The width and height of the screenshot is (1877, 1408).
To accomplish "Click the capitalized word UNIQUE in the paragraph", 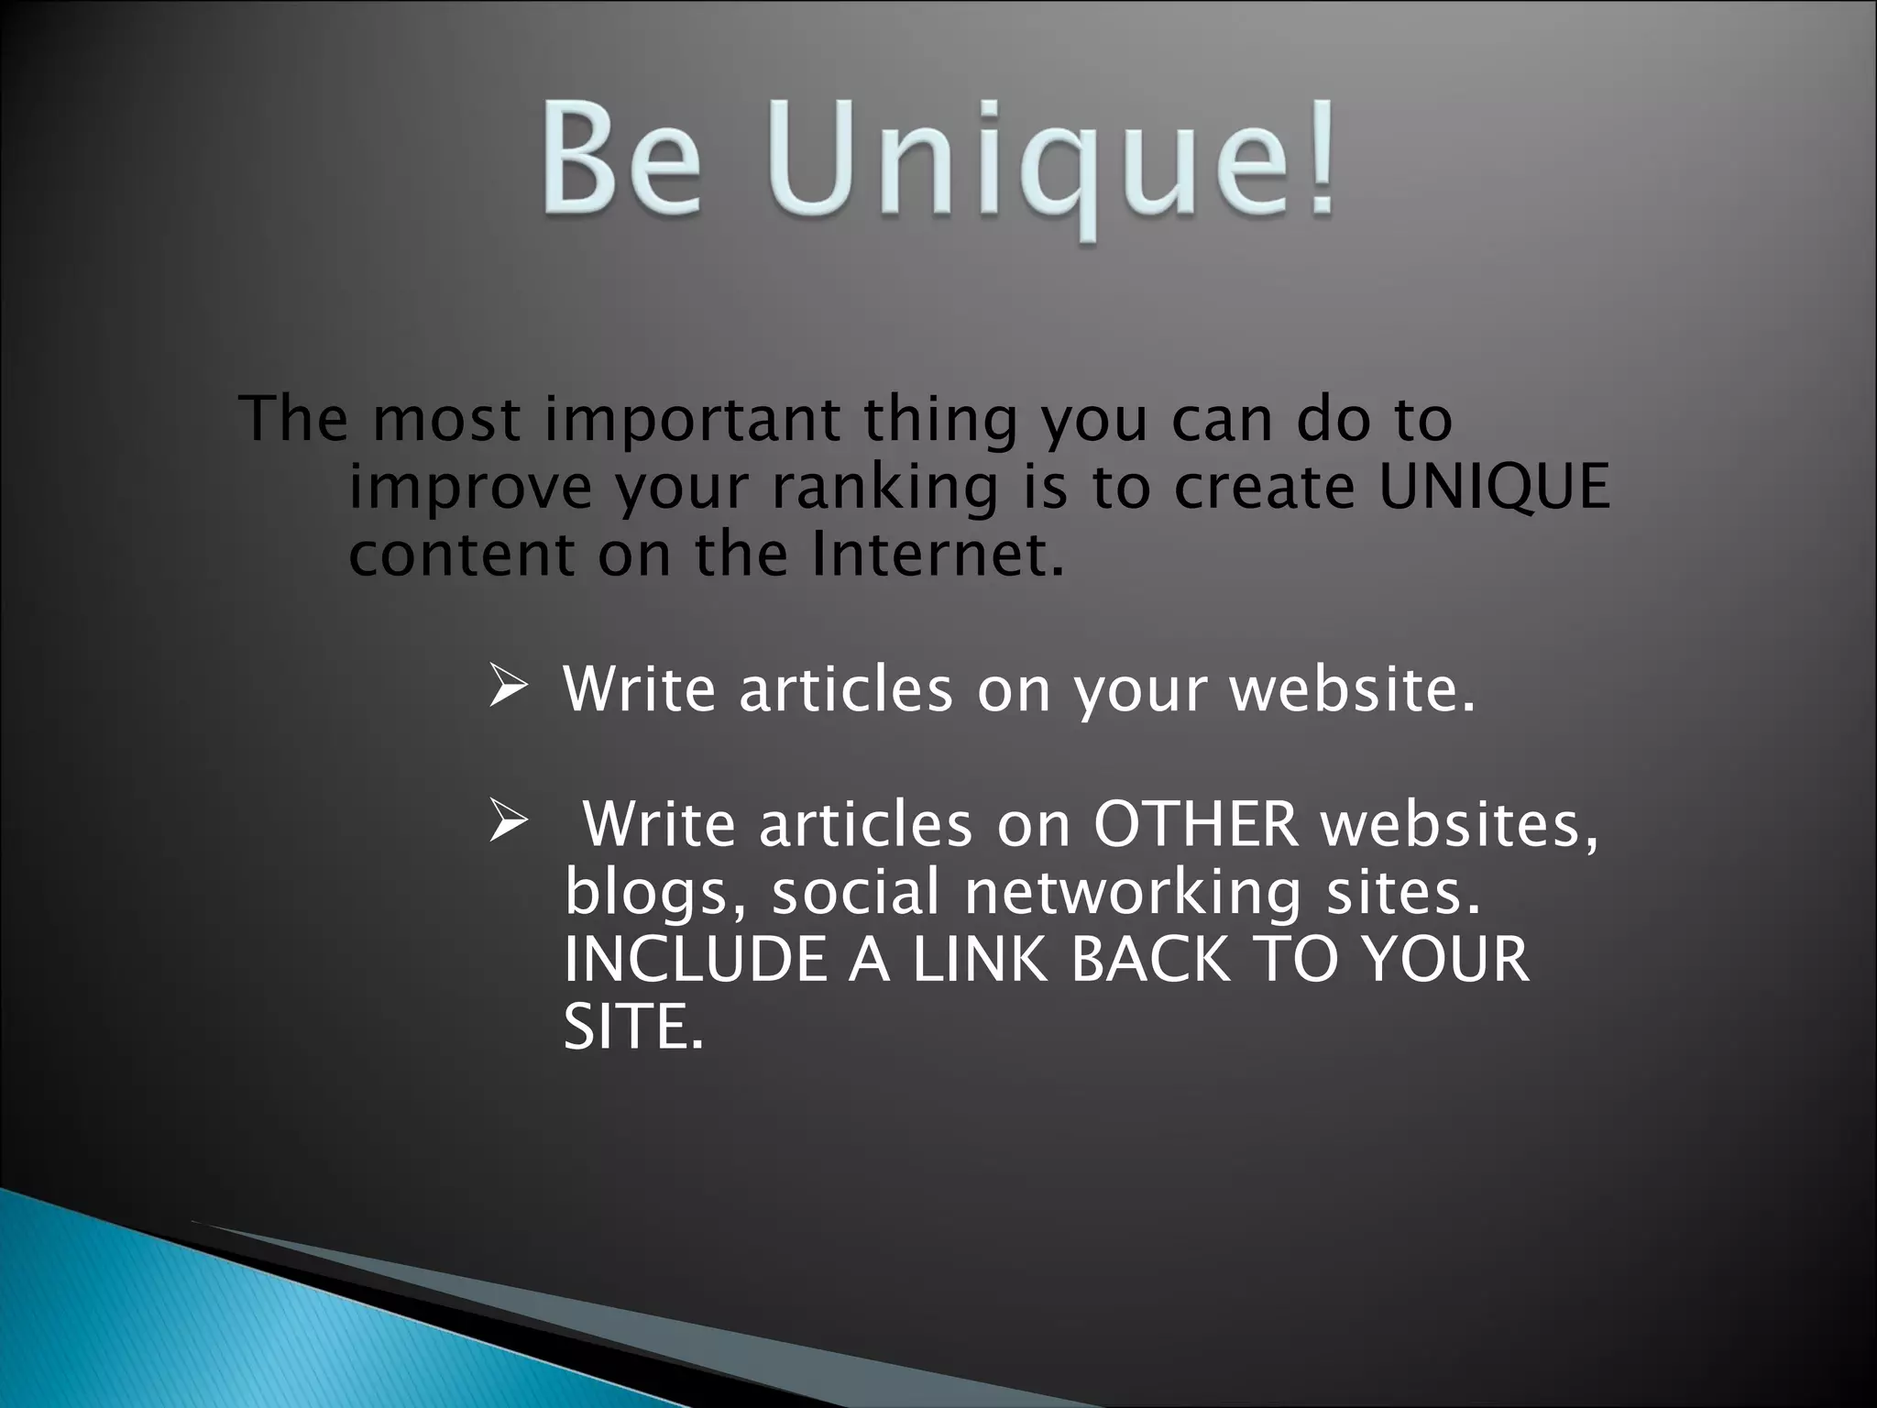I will point(1494,487).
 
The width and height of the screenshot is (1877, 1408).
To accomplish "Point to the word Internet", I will point(938,554).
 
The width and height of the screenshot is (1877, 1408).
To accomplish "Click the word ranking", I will point(884,489).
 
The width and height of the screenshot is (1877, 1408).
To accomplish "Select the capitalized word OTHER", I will point(1195,823).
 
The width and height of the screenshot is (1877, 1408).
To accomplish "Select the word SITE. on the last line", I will point(633,1027).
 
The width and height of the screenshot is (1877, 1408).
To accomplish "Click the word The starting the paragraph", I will point(293,419).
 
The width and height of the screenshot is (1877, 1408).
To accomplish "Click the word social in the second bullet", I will point(856,892).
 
